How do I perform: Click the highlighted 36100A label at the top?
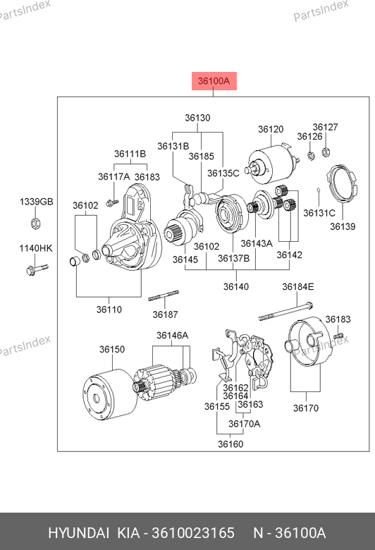[214, 81]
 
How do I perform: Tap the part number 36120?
[271, 130]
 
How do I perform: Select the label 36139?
[343, 226]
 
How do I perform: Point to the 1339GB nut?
[36, 223]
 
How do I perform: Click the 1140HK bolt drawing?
[37, 269]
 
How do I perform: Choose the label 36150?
[112, 349]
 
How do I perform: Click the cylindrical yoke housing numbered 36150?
[109, 394]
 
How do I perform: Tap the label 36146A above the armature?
[172, 336]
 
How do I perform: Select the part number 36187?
[165, 314]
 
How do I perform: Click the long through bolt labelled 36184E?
[285, 312]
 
